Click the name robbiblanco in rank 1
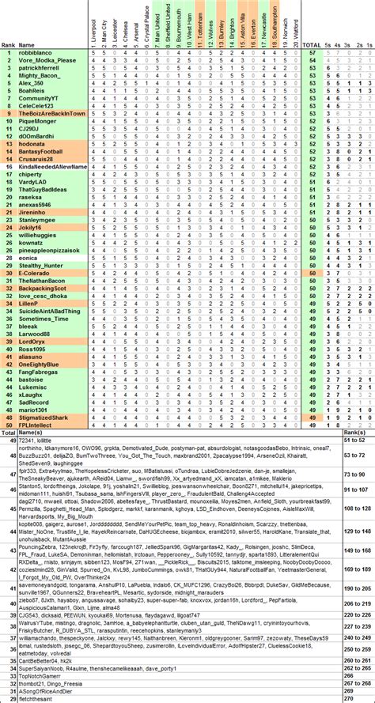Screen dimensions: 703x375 pyautogui.click(x=36, y=52)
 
